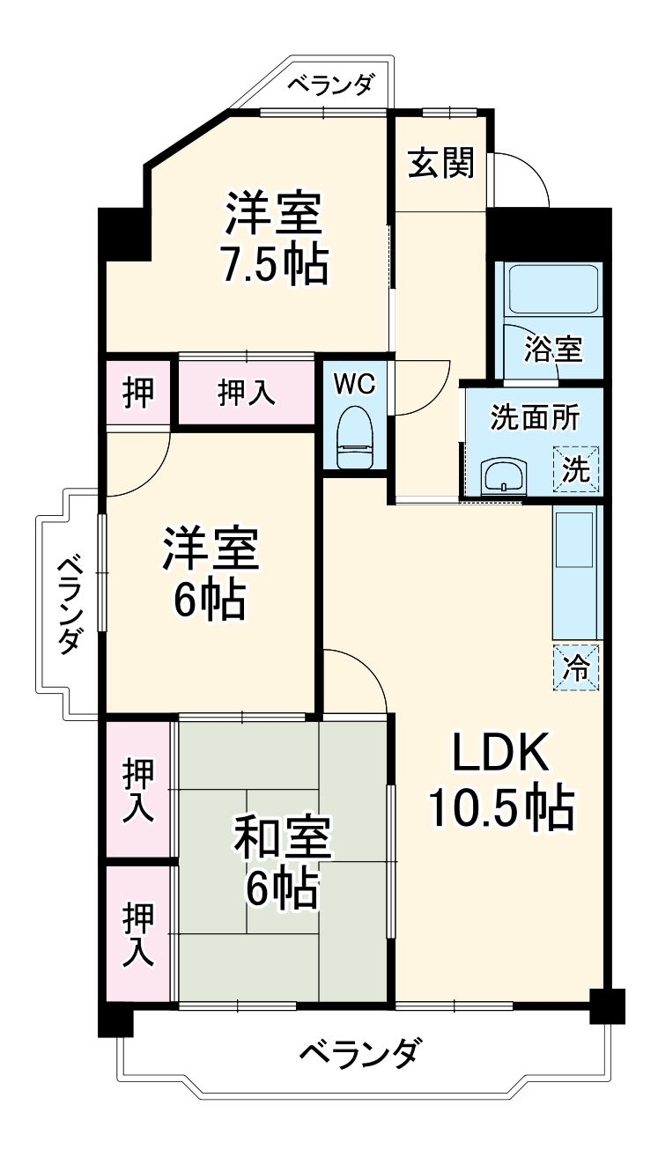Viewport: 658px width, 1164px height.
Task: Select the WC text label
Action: point(355,385)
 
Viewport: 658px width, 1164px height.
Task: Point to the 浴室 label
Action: point(553,349)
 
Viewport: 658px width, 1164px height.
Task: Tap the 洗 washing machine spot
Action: point(576,469)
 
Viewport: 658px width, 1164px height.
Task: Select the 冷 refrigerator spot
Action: point(576,667)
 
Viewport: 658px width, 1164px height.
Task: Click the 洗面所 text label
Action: point(535,418)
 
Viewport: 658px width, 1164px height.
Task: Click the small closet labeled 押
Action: point(137,392)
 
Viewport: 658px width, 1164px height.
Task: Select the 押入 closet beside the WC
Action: point(247,394)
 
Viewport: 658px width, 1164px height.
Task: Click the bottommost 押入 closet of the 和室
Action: point(137,934)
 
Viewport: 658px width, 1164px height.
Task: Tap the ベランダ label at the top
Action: point(331,86)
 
